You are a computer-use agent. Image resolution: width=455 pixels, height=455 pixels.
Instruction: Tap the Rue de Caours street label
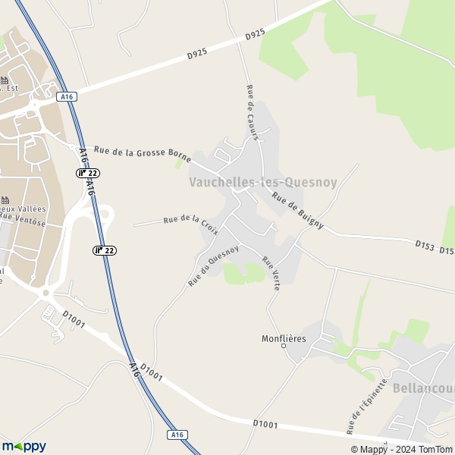[x=253, y=112]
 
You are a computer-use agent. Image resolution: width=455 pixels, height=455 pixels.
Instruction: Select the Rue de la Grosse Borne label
[x=142, y=154]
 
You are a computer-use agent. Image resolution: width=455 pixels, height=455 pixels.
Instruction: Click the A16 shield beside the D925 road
[x=66, y=96]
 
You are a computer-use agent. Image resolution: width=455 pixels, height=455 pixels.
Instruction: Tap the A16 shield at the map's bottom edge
[x=177, y=435]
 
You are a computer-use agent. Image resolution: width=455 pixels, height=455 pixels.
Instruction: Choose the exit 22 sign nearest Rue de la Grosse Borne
[x=87, y=173]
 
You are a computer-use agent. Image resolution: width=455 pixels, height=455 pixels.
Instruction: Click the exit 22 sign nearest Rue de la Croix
[x=105, y=250]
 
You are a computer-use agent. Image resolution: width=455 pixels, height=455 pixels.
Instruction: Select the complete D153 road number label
[x=425, y=245]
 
